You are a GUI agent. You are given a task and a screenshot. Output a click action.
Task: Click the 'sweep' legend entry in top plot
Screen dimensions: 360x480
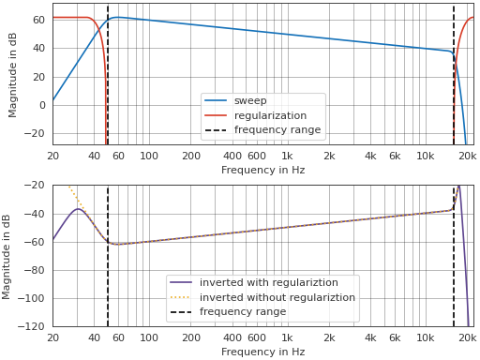click(249, 100)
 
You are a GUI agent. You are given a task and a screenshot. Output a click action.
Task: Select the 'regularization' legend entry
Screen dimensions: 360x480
click(269, 115)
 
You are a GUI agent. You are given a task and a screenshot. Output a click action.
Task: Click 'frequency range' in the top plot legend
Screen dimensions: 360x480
click(277, 129)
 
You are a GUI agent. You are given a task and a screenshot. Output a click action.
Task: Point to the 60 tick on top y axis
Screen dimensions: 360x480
click(39, 20)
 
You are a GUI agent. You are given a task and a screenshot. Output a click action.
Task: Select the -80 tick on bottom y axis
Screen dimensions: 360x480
click(37, 271)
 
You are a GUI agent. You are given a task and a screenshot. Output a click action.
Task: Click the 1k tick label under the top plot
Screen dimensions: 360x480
click(287, 156)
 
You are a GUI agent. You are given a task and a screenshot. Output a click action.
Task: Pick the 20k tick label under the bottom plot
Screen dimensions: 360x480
click(466, 337)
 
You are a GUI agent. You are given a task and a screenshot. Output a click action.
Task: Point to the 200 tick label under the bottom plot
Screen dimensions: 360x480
click(191, 337)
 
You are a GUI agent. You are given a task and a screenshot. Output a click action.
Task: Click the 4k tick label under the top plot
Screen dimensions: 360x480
click(370, 156)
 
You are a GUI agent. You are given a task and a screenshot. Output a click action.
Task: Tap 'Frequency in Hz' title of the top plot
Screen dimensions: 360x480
click(262, 170)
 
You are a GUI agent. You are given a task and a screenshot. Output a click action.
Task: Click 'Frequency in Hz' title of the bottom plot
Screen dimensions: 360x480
click(262, 352)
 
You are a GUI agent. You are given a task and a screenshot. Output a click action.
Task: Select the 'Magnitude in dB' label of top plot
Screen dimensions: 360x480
click(13, 74)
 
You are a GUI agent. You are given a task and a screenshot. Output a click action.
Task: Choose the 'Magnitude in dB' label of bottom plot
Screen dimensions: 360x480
click(7, 256)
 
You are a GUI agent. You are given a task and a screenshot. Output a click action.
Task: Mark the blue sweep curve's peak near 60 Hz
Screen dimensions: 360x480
click(115, 17)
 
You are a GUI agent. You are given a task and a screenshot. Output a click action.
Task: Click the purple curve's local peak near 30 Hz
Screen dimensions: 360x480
click(79, 208)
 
